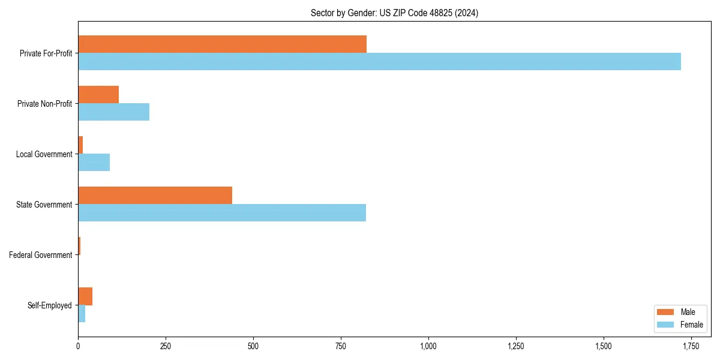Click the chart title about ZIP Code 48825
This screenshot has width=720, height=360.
pyautogui.click(x=394, y=13)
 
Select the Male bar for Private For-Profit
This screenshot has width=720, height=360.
pyautogui.click(x=222, y=44)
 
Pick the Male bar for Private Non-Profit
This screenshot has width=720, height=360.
pyautogui.click(x=98, y=95)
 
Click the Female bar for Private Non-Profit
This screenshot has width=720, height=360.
pyautogui.click(x=113, y=112)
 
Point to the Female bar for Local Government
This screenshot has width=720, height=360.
pyautogui.click(x=94, y=163)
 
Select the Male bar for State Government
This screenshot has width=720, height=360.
pyautogui.click(x=155, y=196)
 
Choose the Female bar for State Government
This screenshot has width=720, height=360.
pyautogui.click(x=222, y=213)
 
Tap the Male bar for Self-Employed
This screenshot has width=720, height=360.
pyautogui.click(x=85, y=296)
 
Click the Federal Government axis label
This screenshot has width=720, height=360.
pyautogui.click(x=41, y=255)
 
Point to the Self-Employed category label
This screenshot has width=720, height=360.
pyautogui.click(x=50, y=305)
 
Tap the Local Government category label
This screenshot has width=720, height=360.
pyautogui.click(x=44, y=154)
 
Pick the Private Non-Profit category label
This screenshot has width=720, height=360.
pyautogui.click(x=45, y=104)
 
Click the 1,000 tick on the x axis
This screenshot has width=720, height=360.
pyautogui.click(x=428, y=346)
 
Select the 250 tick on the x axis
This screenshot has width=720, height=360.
pyautogui.click(x=166, y=346)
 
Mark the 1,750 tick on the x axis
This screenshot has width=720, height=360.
pyautogui.click(x=691, y=346)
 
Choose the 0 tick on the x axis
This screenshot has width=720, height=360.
pyautogui.click(x=78, y=346)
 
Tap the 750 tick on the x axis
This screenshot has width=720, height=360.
pyautogui.click(x=341, y=346)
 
